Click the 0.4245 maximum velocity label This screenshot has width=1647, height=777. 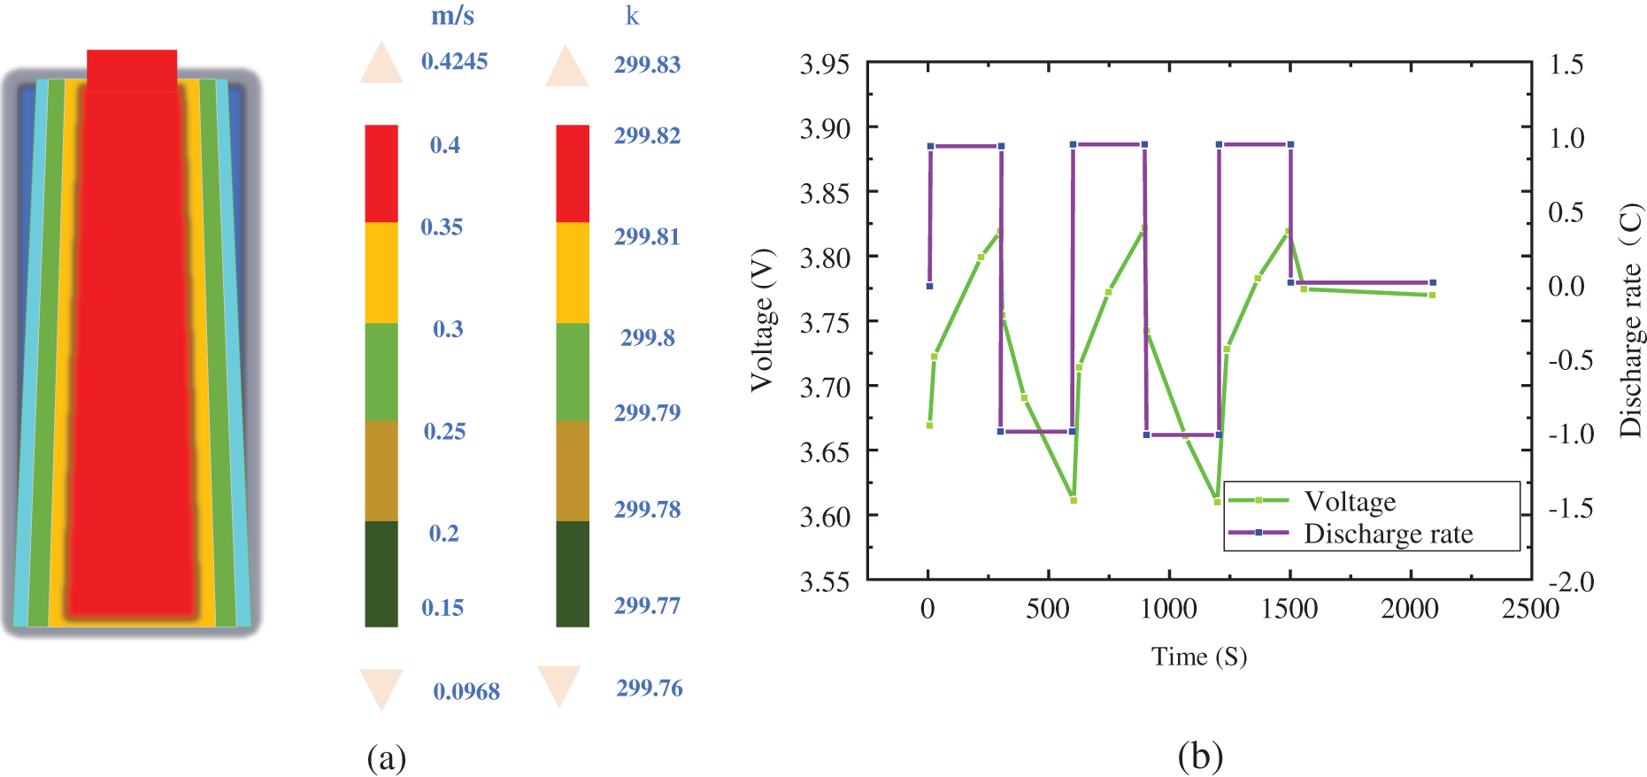pos(454,61)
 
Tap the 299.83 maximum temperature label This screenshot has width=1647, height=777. pos(647,65)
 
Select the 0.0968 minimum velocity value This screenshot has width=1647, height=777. pos(466,691)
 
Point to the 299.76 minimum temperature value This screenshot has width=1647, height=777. pos(649,688)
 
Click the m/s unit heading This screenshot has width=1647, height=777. pos(452,16)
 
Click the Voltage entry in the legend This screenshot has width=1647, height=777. pos(1350,502)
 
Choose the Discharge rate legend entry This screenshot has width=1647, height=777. pos(1388,534)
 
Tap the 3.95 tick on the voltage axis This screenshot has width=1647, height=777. pos(824,65)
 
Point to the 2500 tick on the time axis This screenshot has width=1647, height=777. pos(1530,609)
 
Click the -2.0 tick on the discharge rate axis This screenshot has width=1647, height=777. pos(1571,581)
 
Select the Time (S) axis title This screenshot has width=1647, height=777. pos(1198,657)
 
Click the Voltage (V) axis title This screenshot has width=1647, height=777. pos(761,319)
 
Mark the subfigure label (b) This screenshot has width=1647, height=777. pos(1200,757)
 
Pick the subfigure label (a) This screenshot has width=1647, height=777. pos(386,758)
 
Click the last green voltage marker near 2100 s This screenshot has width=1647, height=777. pos(1432,295)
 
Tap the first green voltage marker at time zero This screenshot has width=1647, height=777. pos(929,426)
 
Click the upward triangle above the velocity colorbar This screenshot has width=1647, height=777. pos(381,63)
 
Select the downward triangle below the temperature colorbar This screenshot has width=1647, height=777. pos(559,686)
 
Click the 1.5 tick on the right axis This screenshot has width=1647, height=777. pos(1566,65)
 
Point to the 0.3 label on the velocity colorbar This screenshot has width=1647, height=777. pos(448,329)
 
